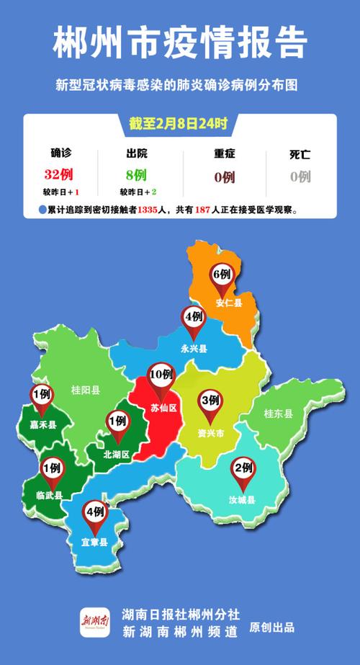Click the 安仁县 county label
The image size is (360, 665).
pyautogui.click(x=229, y=303)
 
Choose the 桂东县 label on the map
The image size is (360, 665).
pyautogui.click(x=279, y=414)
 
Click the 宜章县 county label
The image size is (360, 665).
pyautogui.click(x=94, y=542)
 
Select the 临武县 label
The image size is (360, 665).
pyautogui.click(x=49, y=496)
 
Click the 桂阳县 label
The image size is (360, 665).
pyautogui.click(x=86, y=390)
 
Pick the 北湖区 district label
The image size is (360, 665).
pyautogui.click(x=116, y=455)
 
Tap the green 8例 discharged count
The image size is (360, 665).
pyautogui.click(x=135, y=174)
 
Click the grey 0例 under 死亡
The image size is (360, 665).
pyautogui.click(x=300, y=176)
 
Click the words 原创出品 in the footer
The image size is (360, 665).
pyautogui.click(x=271, y=627)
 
